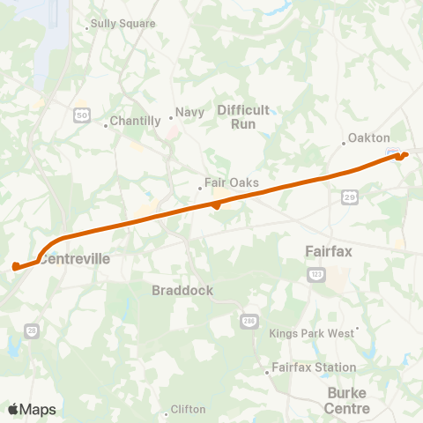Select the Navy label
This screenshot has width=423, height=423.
[189, 112]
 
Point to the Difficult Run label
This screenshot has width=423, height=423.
[242, 116]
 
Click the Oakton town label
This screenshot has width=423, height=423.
[368, 138]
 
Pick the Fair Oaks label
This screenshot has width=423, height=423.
[231, 183]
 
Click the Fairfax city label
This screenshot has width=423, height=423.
[329, 251]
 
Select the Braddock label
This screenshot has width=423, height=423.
[182, 290]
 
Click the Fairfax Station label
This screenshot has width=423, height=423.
[314, 367]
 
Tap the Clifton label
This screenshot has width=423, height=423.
[189, 410]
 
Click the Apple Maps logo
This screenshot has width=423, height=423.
[32, 410]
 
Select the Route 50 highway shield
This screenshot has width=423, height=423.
[82, 115]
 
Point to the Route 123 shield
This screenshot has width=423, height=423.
[315, 276]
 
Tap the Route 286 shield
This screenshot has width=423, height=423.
[249, 322]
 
